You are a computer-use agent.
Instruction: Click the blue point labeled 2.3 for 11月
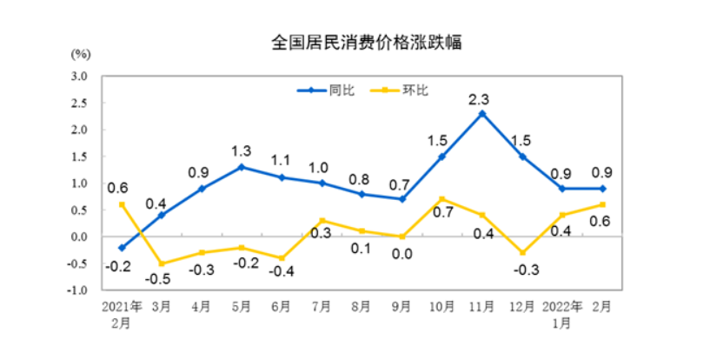[482, 114]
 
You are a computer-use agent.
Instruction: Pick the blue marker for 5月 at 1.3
[242, 167]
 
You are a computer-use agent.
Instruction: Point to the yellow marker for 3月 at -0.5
[162, 263]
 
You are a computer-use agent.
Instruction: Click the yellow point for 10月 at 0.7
[441, 199]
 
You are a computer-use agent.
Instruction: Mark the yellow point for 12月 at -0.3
[522, 253]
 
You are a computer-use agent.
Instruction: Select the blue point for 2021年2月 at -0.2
[122, 248]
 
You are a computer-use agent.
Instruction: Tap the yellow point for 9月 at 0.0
[401, 237]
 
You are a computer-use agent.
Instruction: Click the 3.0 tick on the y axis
[80, 77]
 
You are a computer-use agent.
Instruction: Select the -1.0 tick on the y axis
[78, 290]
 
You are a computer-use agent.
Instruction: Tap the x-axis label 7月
[322, 306]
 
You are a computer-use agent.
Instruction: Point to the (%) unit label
[80, 53]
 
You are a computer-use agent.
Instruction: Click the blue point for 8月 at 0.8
[361, 194]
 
